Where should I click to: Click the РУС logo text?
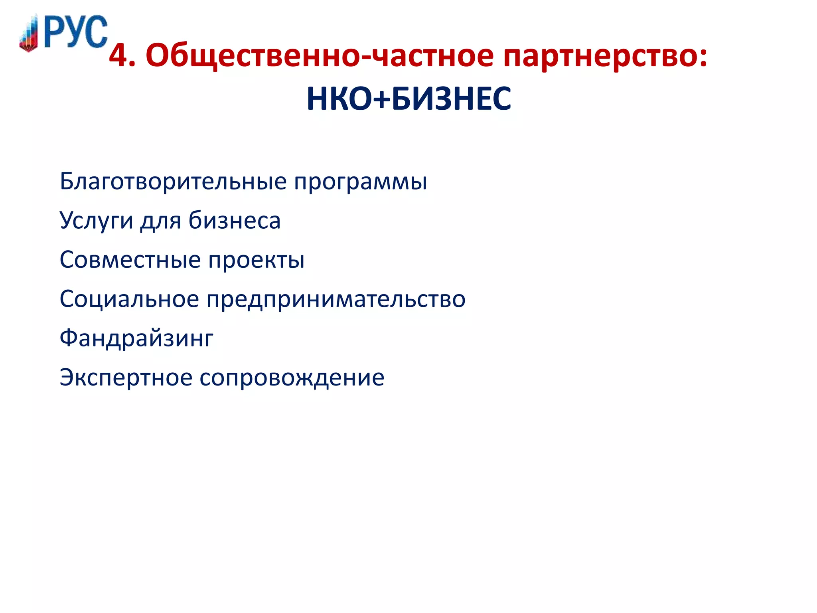point(76,32)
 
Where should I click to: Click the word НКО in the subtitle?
point(340,99)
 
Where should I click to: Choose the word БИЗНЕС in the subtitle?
point(451,99)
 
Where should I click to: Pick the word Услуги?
point(96,221)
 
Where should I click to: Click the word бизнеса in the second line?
point(235,220)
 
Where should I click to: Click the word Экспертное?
point(126,378)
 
